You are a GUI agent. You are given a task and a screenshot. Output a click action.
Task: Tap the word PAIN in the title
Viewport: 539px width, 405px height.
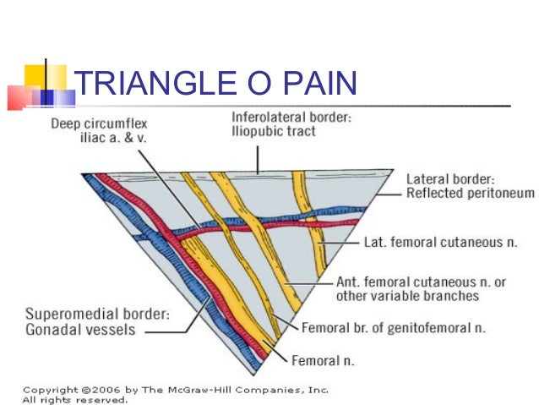(x=327, y=84)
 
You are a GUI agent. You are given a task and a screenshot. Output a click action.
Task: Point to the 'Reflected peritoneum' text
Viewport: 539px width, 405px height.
(x=470, y=194)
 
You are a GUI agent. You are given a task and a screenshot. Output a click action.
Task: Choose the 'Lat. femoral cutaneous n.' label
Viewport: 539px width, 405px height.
(x=440, y=242)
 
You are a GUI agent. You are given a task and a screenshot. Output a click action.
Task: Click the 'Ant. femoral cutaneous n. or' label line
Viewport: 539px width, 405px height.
(x=420, y=282)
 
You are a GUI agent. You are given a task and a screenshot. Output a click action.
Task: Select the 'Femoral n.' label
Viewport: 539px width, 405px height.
(x=324, y=360)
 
